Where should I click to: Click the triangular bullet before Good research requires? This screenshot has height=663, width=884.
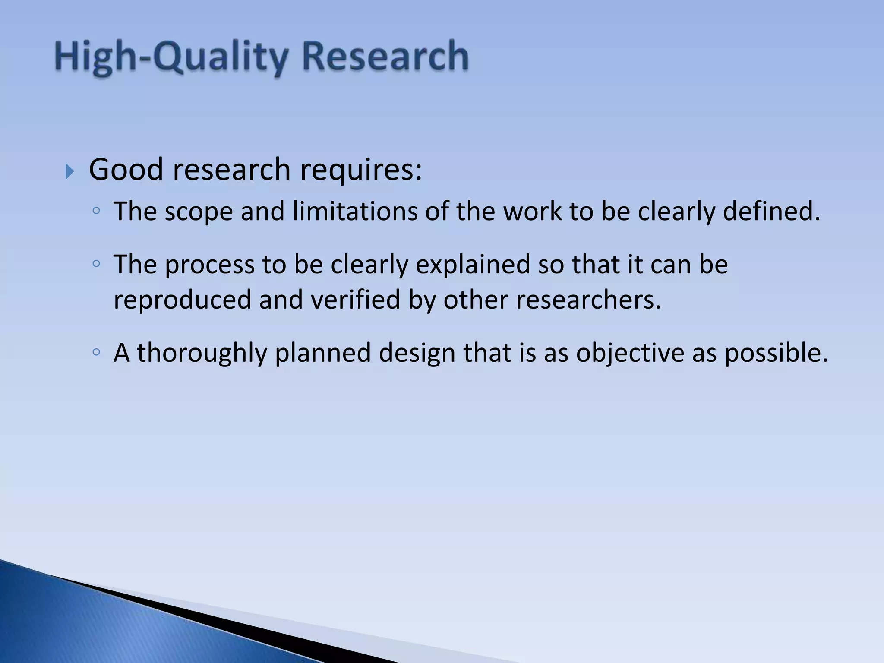click(70, 172)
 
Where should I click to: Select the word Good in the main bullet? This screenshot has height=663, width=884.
click(126, 169)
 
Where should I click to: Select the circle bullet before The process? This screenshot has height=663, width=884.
click(96, 264)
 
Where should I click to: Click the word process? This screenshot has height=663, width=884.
click(210, 265)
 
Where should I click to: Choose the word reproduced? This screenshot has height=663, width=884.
click(182, 300)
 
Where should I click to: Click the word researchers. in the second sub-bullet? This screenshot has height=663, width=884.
click(588, 300)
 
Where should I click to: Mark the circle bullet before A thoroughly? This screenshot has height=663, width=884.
click(96, 352)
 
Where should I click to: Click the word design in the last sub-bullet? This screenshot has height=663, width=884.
click(417, 354)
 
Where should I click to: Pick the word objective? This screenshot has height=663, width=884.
click(630, 354)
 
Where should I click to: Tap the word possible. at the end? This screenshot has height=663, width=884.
click(776, 354)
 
